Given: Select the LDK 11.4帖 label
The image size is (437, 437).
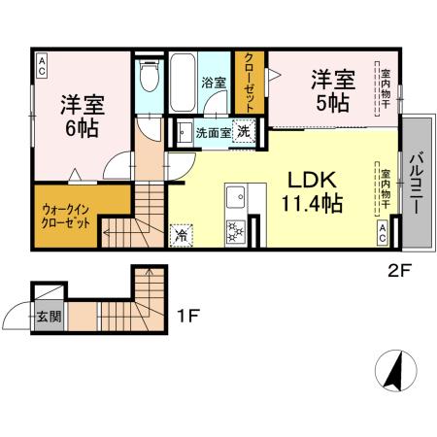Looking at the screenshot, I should click(x=311, y=190).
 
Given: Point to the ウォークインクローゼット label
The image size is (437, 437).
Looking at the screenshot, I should click(x=67, y=215).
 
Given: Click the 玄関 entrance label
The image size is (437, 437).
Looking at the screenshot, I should click(x=48, y=316).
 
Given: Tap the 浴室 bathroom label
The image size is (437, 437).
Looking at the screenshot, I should click(x=213, y=82).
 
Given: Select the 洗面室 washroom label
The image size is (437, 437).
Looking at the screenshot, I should click(x=212, y=132).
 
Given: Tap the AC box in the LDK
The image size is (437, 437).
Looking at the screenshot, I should click(x=384, y=231).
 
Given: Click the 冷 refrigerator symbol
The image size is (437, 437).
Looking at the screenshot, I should click(x=182, y=234).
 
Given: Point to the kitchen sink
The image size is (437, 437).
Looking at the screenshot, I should click(x=235, y=198).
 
